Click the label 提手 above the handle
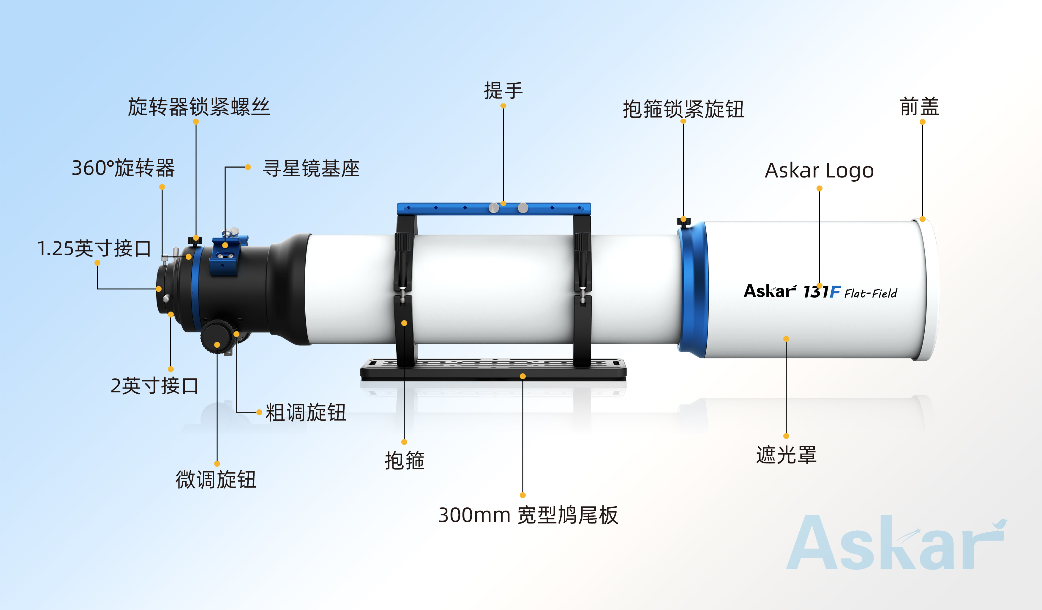[x=503, y=91]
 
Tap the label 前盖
[x=920, y=107]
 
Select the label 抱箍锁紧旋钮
[x=683, y=109]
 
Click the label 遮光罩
[x=786, y=455]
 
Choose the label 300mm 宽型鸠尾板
[x=528, y=515]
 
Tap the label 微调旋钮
[x=216, y=479]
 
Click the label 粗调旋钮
[x=306, y=413]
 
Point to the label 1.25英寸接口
[x=94, y=248]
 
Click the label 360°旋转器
[x=123, y=168]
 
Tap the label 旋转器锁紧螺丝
[x=199, y=107]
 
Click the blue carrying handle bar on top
[x=494, y=209]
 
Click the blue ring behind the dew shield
[x=693, y=290]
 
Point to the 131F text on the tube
[x=822, y=292]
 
